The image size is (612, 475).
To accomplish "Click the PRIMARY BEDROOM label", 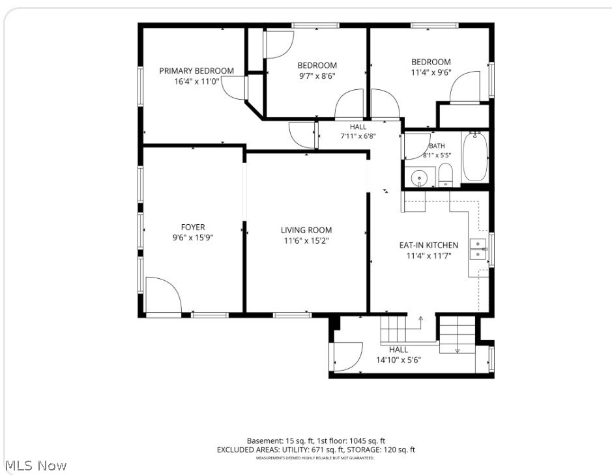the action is [x=196, y=70].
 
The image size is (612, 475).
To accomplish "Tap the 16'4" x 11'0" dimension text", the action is [x=197, y=81].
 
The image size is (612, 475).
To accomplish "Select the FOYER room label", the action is [x=193, y=227].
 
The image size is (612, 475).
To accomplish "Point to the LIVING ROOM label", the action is [x=306, y=230].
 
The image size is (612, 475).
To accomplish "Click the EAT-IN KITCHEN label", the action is [x=429, y=245].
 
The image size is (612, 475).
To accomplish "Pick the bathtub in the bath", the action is [x=475, y=156].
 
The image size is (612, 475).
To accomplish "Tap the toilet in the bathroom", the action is [x=445, y=175].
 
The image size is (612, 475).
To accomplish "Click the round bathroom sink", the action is [x=419, y=178].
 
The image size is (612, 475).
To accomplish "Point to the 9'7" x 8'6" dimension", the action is [x=317, y=76].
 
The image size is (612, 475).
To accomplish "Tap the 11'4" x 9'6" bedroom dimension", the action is [x=431, y=72].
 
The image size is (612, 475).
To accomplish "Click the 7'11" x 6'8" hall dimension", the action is [x=358, y=136].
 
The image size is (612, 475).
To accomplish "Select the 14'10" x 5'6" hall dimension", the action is [x=398, y=360].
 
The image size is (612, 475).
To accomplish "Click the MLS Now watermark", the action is [x=36, y=465].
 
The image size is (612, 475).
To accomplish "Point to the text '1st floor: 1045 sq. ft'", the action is [x=351, y=441].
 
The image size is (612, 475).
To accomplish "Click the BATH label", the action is [x=437, y=145].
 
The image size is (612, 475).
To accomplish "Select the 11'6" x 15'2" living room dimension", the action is [x=306, y=240].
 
